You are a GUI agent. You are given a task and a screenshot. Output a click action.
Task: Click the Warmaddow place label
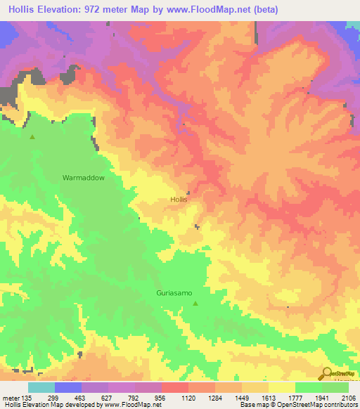pos(83,178)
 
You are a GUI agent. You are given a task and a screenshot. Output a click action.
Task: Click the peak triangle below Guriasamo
pos(195,304)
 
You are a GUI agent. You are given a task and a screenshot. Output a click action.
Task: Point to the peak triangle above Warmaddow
pos(32,137)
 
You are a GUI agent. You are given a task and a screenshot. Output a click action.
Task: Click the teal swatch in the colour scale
pos(41,387)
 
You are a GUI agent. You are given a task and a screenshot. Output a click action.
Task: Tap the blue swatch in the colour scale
pos(68,387)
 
